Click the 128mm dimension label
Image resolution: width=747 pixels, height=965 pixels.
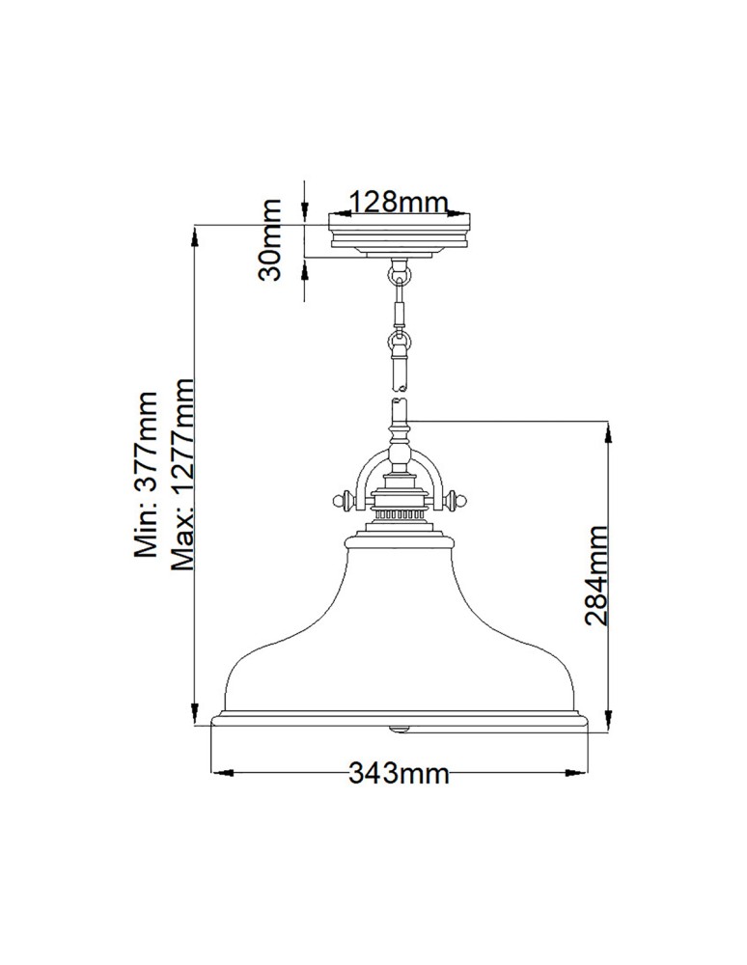[x=399, y=202]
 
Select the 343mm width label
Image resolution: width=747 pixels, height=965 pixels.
[x=399, y=773]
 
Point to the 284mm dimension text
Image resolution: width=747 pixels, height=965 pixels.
[x=597, y=575]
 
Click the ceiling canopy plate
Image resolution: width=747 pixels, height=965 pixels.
[x=400, y=234]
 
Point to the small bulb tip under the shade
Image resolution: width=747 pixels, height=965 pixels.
[x=400, y=725]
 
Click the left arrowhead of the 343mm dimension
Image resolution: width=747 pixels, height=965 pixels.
[x=217, y=772]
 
